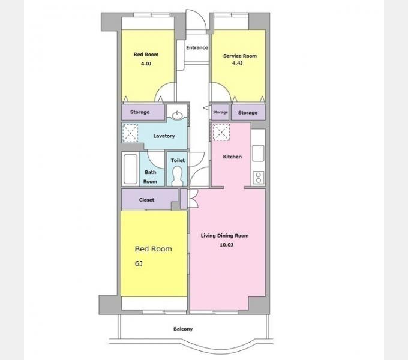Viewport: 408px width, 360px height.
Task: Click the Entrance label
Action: (197, 47)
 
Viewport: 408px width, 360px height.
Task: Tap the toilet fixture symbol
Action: (178, 176)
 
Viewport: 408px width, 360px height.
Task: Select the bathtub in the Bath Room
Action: (130, 169)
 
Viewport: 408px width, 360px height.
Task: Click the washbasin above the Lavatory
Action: (178, 115)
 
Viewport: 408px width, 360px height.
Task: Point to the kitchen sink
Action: (258, 153)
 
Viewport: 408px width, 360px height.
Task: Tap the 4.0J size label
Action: (146, 64)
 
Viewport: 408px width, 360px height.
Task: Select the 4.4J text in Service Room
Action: (238, 63)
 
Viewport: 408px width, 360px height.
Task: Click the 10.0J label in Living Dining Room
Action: (226, 245)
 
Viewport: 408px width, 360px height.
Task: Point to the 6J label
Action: (139, 264)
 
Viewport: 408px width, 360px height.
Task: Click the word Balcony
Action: (183, 329)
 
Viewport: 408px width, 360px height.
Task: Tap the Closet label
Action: (146, 200)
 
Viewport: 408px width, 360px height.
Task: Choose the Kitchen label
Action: (232, 157)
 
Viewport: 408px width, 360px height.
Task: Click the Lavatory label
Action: (164, 136)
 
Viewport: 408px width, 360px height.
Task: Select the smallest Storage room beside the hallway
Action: (220, 112)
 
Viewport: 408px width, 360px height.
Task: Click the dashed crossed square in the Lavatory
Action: (130, 133)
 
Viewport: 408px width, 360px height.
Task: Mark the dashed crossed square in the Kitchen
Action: (221, 132)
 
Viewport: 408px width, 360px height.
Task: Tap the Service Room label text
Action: (240, 56)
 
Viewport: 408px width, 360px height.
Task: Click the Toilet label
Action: (178, 160)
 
